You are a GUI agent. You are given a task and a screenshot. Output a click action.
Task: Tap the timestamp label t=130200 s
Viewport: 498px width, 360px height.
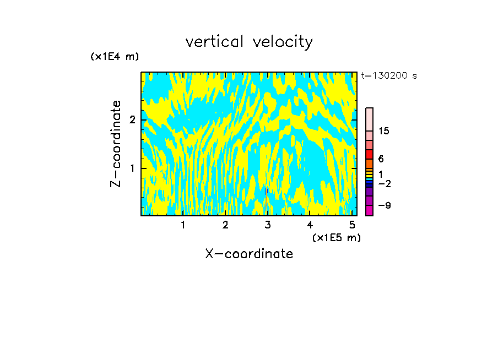(389, 76)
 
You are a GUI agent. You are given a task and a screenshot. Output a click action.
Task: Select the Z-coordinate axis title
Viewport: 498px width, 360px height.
(116, 144)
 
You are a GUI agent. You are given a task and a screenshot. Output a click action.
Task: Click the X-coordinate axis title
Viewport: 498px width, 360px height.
(249, 254)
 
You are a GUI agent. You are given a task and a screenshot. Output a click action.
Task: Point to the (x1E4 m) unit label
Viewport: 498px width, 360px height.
(115, 57)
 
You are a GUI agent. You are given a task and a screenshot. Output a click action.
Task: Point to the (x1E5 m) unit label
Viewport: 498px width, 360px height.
(336, 237)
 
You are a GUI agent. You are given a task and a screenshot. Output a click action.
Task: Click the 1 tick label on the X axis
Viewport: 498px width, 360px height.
(183, 225)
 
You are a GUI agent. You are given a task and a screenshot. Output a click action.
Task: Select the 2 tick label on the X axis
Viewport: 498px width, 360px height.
(225, 225)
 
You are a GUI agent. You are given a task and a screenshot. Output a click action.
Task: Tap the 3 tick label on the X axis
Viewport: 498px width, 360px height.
(268, 225)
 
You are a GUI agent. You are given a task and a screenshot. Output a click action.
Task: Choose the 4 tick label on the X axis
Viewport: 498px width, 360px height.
(310, 225)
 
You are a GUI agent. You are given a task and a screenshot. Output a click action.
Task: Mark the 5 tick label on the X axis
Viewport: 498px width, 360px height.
(352, 225)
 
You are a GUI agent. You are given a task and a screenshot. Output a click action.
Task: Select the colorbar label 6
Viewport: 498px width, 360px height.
(381, 159)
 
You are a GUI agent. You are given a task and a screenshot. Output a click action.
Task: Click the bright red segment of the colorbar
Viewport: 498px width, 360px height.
(370, 154)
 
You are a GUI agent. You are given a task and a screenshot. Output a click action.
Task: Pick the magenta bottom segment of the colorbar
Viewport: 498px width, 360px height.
(370, 210)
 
